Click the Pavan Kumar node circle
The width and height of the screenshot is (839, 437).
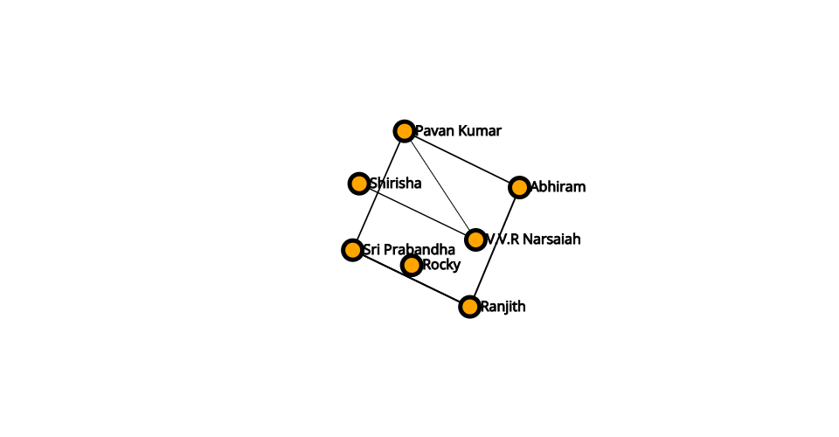coord(404,131)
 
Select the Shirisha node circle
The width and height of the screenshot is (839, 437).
coord(358,184)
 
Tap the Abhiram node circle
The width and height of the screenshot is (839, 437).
coord(519,187)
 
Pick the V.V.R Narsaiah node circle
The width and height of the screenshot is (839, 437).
coord(475,239)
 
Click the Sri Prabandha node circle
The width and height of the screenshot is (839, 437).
coord(352,250)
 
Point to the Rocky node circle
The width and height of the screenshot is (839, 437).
coord(411,265)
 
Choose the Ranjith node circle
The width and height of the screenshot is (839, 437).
coord(469,307)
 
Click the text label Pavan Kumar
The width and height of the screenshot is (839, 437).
coord(458,131)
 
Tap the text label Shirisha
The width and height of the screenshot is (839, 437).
coord(395,184)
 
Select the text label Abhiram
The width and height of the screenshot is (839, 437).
coord(558,187)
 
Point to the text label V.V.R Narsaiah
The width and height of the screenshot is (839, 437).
coord(533,239)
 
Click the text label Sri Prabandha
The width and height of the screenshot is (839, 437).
coord(409,250)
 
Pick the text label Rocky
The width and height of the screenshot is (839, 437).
coord(441,265)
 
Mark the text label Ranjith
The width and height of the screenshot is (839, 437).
coord(503,307)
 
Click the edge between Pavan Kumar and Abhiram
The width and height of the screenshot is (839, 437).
coord(461,159)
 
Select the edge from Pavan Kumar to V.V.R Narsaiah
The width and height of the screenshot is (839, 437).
coord(440,185)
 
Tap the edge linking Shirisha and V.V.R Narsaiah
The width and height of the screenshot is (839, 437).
coord(417,212)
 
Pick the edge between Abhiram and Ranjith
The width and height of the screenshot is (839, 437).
coord(495,246)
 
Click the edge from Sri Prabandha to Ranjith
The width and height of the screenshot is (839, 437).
coord(411,278)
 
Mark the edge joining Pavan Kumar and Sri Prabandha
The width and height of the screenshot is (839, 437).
coord(378,191)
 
